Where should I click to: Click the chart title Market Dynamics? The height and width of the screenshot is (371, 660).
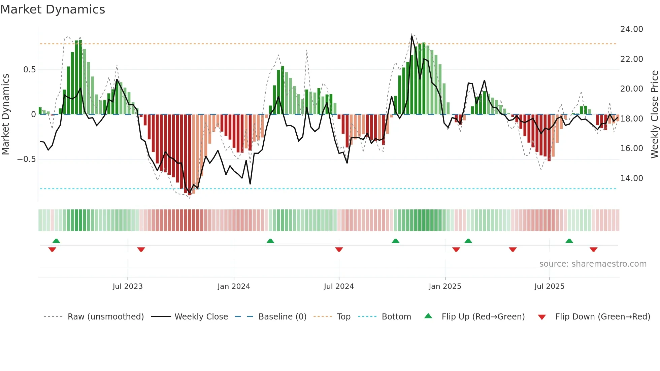tap(53, 9)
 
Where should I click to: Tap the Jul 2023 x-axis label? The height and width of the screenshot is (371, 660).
tap(128, 286)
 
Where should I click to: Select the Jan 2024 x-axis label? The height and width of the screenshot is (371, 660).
tap(234, 286)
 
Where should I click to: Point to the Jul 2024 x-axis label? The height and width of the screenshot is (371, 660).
tap(339, 286)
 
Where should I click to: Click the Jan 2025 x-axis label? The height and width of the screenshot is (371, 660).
tap(445, 286)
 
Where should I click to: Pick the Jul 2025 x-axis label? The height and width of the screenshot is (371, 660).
tap(549, 286)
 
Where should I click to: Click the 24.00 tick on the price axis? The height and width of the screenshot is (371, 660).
tap(631, 29)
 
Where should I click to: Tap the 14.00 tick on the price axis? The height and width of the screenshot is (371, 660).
tap(631, 178)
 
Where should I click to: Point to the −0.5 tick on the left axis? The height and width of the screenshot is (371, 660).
tap(27, 159)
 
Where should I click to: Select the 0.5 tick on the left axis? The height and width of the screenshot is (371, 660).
tap(29, 70)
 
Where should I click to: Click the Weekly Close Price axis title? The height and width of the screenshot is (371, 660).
tap(654, 114)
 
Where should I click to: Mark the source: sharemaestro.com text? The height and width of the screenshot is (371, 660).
tap(593, 264)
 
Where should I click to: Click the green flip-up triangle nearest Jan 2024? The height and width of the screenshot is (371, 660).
tap(270, 241)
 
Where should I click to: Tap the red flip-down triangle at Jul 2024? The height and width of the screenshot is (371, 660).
tap(339, 249)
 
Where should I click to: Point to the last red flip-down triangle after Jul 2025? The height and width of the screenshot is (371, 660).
tap(593, 249)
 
